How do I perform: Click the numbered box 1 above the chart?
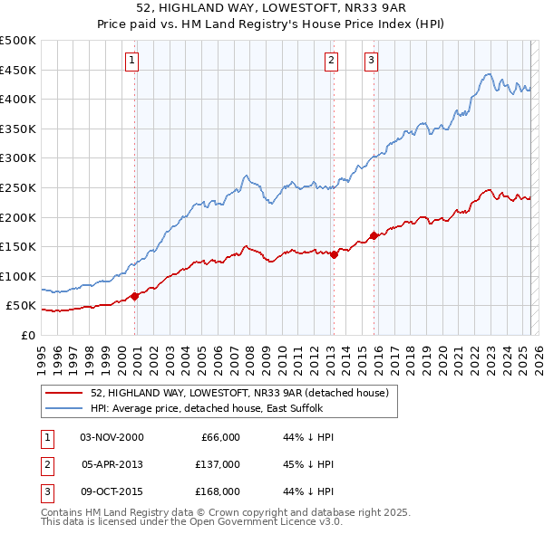(x=132, y=61)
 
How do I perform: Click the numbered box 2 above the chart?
(x=331, y=61)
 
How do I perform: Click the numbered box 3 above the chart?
(x=372, y=61)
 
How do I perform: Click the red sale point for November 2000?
(x=135, y=296)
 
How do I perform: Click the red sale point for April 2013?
(x=334, y=254)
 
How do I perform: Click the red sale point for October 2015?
(x=374, y=235)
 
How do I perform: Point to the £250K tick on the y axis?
(x=18, y=187)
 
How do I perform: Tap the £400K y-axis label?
(x=18, y=99)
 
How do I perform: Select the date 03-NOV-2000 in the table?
(x=112, y=437)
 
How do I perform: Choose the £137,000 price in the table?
(x=218, y=464)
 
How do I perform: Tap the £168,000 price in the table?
(x=218, y=491)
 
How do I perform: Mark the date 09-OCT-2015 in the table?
(x=112, y=491)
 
